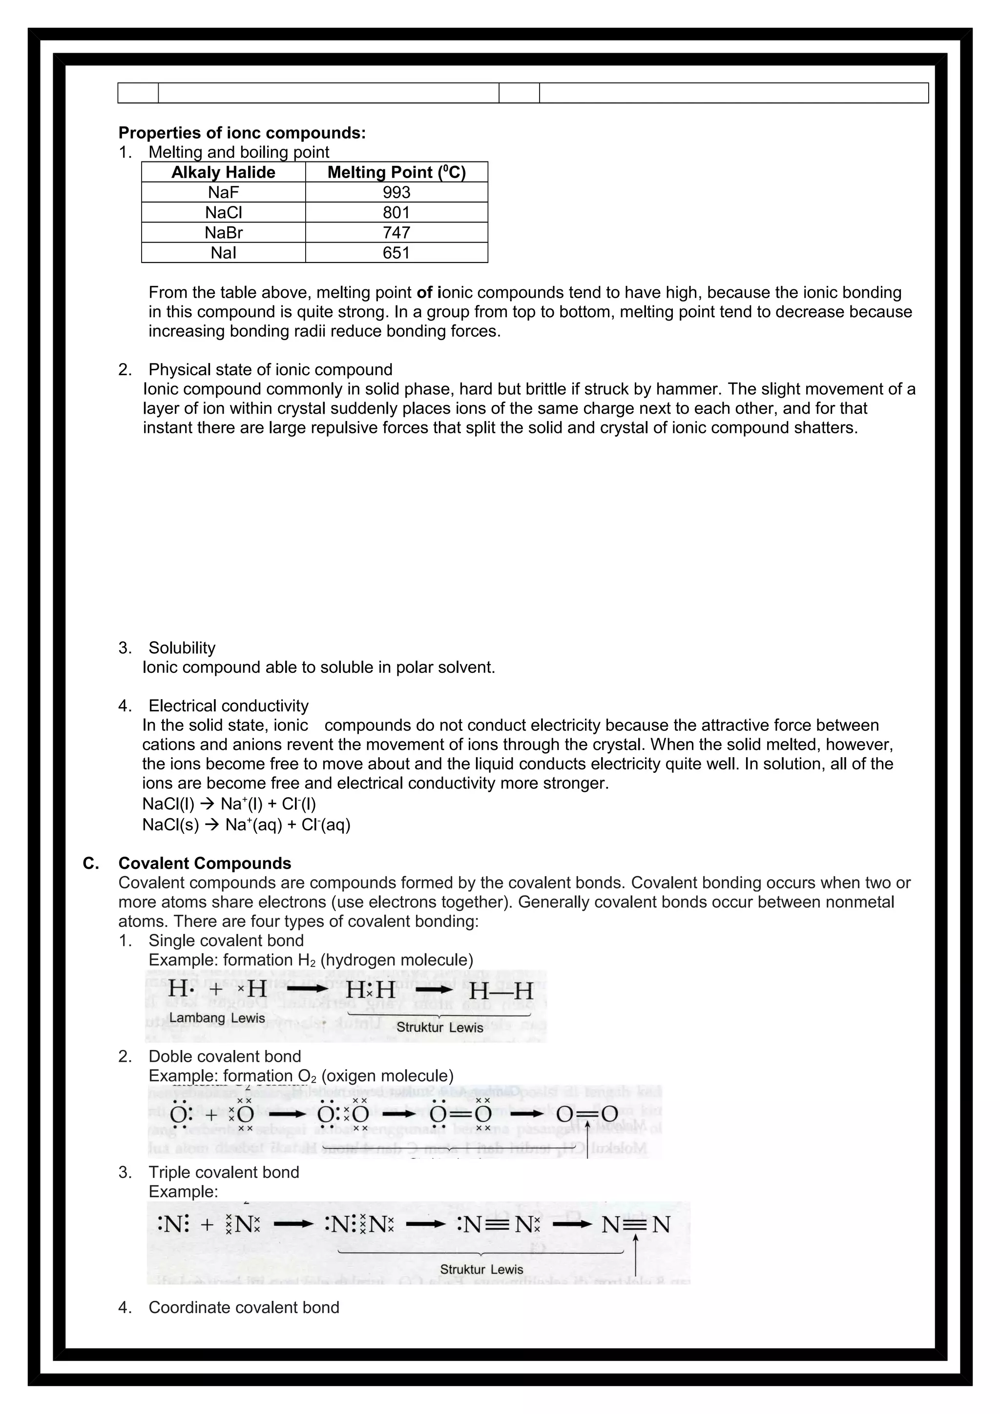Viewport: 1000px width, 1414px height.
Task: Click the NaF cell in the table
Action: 223,192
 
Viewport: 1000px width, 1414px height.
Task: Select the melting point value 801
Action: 396,212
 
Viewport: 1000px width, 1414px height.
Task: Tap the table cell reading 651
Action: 396,253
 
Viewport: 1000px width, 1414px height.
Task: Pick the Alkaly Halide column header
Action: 223,172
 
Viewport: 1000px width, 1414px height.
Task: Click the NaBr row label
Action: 223,233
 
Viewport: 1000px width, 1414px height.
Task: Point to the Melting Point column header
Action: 396,172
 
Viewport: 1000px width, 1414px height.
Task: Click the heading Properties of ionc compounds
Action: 242,133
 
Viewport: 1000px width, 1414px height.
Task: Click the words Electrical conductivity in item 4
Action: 228,706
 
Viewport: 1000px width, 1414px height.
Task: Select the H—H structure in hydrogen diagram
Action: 500,991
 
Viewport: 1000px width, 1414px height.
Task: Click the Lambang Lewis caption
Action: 217,1018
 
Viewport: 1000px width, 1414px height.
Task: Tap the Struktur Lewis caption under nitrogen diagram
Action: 481,1269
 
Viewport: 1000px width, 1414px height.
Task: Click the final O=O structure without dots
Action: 586,1113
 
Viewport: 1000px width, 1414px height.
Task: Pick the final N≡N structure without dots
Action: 635,1224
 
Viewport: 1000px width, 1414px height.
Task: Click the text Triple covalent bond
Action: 224,1172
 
